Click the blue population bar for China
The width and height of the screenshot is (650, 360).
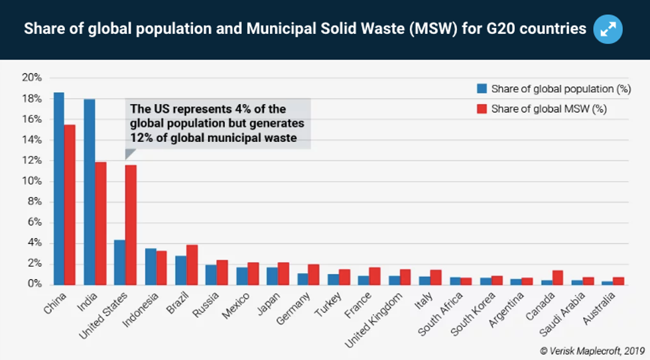[x=59, y=188]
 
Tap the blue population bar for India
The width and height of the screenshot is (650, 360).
[x=90, y=192]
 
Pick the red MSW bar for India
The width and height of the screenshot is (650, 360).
[x=100, y=223]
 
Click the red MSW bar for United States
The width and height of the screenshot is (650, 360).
[x=131, y=224]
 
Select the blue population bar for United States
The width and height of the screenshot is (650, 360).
[x=120, y=262]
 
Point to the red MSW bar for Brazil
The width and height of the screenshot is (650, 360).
[x=192, y=265]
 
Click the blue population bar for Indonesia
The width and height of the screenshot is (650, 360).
[x=151, y=267]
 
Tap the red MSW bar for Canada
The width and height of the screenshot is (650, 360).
[x=558, y=277]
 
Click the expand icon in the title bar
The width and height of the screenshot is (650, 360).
[x=608, y=30]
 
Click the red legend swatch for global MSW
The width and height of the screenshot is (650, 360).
[x=482, y=109]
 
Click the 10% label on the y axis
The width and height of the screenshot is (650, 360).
[x=32, y=181]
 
